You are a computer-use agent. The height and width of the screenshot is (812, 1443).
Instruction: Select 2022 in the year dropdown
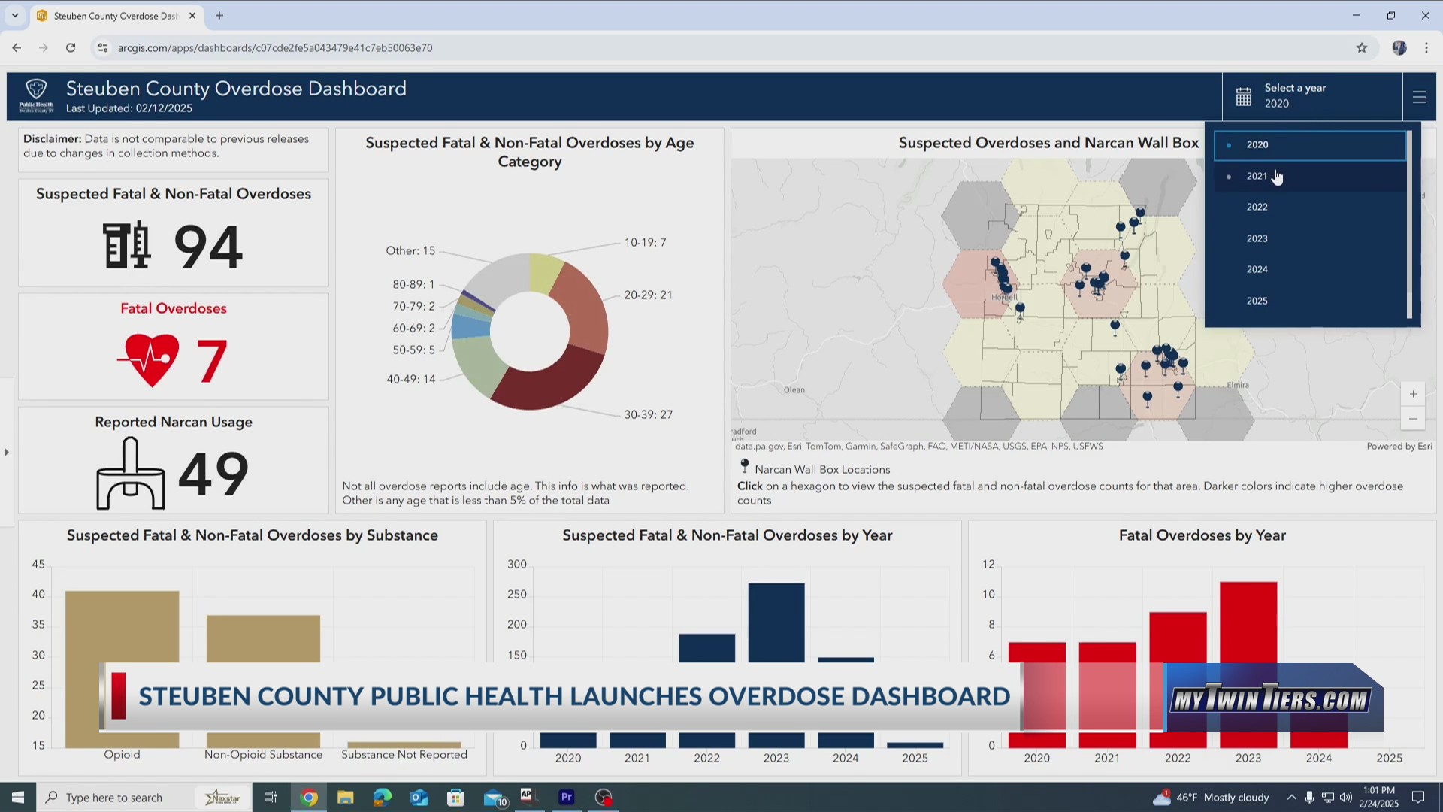click(x=1257, y=208)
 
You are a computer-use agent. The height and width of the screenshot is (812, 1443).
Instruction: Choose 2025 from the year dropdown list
click(x=1257, y=301)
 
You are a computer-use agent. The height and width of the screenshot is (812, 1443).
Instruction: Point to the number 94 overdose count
click(x=207, y=247)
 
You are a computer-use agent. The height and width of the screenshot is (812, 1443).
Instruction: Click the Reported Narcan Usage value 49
click(x=213, y=474)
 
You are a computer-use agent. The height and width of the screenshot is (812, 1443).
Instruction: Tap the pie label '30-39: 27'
click(x=648, y=414)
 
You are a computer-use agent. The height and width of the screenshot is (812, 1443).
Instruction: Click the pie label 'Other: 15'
click(x=410, y=250)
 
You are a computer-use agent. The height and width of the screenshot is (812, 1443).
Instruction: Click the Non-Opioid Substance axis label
click(x=263, y=755)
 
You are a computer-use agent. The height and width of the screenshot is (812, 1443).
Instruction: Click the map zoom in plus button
click(x=1413, y=394)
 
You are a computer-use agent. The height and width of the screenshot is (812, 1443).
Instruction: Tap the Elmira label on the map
click(x=1238, y=385)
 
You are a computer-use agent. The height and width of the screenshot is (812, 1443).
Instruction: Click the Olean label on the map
click(x=794, y=389)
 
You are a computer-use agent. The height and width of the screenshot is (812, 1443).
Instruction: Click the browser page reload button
click(x=71, y=47)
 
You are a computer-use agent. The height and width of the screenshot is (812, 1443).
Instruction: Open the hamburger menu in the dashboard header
click(x=1419, y=97)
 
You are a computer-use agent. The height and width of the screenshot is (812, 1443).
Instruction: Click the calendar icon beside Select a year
click(x=1244, y=97)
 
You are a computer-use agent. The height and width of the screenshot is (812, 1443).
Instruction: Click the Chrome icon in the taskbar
click(x=309, y=798)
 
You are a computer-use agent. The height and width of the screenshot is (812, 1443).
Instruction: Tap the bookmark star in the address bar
click(x=1362, y=47)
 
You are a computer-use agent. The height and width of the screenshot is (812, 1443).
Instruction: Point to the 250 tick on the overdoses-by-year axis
click(x=517, y=594)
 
